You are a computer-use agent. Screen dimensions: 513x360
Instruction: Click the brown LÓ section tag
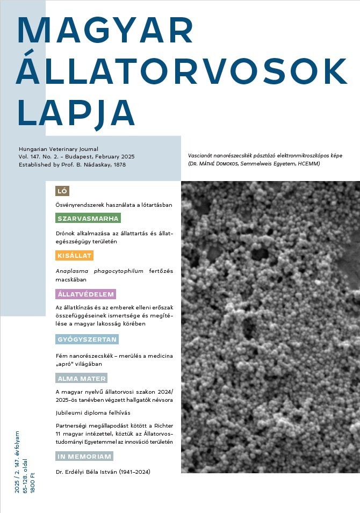click(62, 191)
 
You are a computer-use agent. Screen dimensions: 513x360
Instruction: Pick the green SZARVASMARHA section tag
click(88, 219)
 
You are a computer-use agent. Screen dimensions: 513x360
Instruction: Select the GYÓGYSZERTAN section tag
click(87, 339)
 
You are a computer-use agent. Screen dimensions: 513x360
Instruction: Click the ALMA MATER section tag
click(81, 378)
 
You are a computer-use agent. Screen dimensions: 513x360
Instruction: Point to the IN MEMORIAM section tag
click(84, 457)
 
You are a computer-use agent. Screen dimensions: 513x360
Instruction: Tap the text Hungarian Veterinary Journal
click(59, 149)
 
